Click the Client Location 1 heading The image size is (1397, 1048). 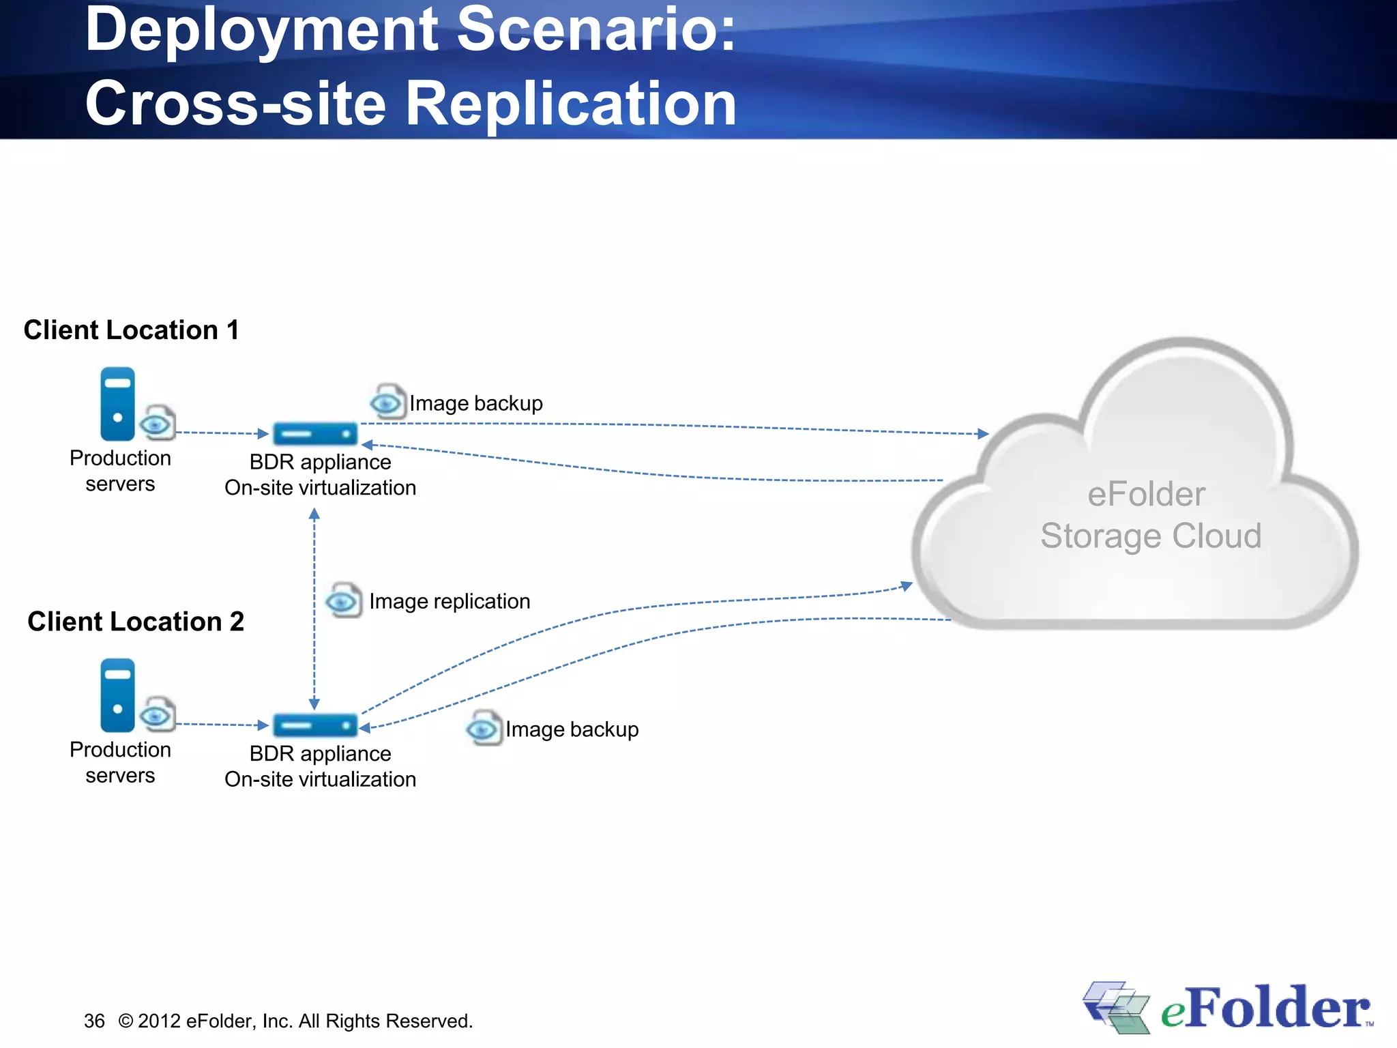tap(131, 330)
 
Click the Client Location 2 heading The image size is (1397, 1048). tap(135, 622)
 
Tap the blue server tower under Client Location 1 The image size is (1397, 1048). tap(117, 404)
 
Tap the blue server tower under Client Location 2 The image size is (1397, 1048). tap(117, 695)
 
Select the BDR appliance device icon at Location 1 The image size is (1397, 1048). tap(315, 433)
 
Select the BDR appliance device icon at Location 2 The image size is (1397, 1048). tap(315, 725)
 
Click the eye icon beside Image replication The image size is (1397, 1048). tap(343, 601)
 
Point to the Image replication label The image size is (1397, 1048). tap(450, 601)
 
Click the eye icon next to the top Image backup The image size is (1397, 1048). tap(387, 402)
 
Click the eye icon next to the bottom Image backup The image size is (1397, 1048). tap(484, 729)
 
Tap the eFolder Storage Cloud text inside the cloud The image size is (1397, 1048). tap(1150, 515)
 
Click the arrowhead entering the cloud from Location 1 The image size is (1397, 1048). tap(983, 434)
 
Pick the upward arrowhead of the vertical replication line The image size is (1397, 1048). tap(314, 514)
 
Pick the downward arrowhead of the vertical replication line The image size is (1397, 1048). tap(314, 704)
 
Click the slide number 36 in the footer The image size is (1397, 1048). tap(94, 1021)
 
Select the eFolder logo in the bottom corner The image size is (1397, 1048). tap(1228, 1008)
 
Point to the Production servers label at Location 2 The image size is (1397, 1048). tap(120, 762)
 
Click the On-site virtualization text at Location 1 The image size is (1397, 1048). tap(320, 488)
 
